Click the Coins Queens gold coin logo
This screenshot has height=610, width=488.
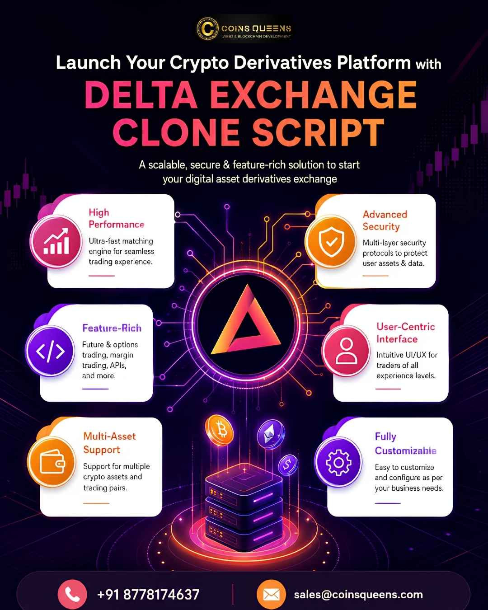[207, 28]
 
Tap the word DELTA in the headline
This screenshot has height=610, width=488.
[141, 95]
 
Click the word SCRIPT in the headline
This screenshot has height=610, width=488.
[318, 132]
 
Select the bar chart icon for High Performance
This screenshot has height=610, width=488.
[56, 241]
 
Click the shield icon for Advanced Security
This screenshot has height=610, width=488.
[331, 242]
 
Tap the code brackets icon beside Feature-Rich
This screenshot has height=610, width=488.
[50, 352]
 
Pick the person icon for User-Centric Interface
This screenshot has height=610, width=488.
[346, 352]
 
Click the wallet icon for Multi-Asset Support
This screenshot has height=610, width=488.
[52, 462]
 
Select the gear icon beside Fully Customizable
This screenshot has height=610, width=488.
[338, 463]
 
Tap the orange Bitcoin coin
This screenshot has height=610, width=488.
[220, 430]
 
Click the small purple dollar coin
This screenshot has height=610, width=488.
[288, 465]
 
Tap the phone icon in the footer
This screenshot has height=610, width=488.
[72, 594]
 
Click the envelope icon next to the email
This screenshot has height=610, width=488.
[271, 594]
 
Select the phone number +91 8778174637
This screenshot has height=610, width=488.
[148, 594]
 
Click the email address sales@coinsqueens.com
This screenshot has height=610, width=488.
[358, 594]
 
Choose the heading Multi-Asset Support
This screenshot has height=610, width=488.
[109, 443]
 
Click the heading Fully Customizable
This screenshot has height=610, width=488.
[405, 444]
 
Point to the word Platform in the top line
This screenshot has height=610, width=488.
[374, 63]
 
